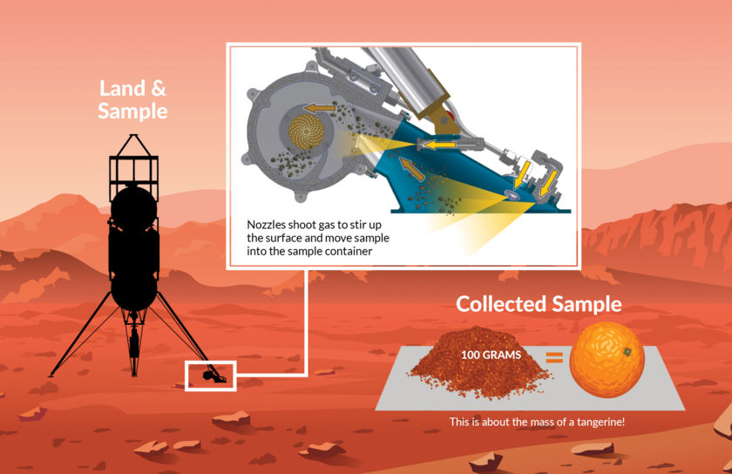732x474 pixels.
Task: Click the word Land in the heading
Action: pos(121,88)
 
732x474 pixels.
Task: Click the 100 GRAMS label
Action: pos(491,355)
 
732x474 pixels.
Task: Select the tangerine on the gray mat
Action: pos(607,360)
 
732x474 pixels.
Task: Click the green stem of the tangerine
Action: pos(627,352)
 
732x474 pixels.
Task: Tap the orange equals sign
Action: pos(554,357)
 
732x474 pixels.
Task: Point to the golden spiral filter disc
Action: pos(306,132)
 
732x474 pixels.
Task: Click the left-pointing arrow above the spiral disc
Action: pos(320,108)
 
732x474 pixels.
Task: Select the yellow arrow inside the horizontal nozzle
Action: pos(439,146)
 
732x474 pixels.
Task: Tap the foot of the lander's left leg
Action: pos(51,375)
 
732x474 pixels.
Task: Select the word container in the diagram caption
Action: pos(350,251)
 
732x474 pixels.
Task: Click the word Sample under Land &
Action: pos(132,112)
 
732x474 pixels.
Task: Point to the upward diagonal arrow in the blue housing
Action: pos(411,169)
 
